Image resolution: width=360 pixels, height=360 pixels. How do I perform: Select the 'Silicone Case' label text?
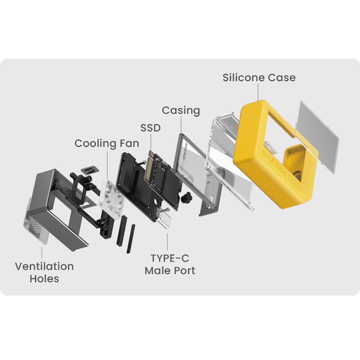click(x=259, y=77)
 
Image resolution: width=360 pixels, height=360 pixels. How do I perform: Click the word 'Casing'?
click(x=181, y=110)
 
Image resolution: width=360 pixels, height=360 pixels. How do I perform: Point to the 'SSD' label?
click(x=150, y=127)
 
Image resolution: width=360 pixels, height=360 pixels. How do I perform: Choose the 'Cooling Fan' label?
click(x=107, y=143)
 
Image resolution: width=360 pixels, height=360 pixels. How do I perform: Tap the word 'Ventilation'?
click(x=44, y=266)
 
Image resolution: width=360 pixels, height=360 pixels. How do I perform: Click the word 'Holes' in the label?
click(x=44, y=279)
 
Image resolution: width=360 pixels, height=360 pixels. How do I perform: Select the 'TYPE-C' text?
click(x=170, y=258)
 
